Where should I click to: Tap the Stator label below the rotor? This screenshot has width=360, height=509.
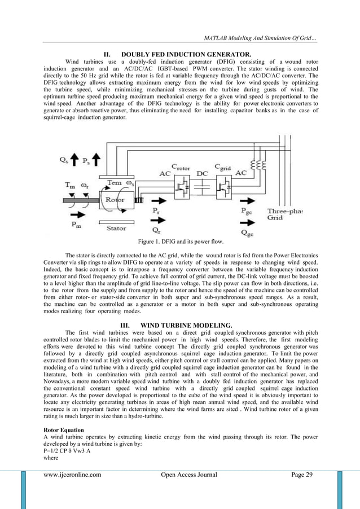click(x=116, y=229)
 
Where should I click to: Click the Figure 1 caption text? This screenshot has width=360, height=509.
click(x=179, y=242)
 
